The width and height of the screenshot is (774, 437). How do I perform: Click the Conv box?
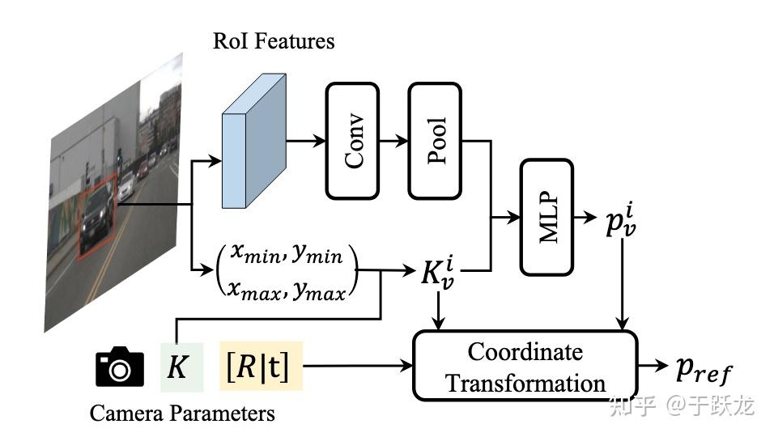[352, 141]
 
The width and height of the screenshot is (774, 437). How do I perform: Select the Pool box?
[435, 141]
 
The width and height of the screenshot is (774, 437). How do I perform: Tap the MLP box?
[546, 216]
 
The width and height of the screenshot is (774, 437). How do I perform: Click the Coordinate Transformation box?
[525, 366]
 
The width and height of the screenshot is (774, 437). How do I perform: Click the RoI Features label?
[274, 41]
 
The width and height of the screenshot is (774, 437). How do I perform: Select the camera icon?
[120, 367]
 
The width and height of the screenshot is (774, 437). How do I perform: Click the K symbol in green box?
[176, 367]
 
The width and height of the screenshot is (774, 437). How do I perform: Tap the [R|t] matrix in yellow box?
[261, 367]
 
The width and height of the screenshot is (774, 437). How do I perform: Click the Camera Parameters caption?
[182, 414]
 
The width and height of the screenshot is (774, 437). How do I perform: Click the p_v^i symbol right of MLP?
[622, 220]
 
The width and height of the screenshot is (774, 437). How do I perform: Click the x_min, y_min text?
[286, 255]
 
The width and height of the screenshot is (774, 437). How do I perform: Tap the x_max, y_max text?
[286, 289]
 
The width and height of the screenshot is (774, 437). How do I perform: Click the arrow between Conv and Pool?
[393, 141]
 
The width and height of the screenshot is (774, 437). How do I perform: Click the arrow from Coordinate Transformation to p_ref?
[653, 366]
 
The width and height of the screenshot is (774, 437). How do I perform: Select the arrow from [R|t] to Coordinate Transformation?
[356, 367]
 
